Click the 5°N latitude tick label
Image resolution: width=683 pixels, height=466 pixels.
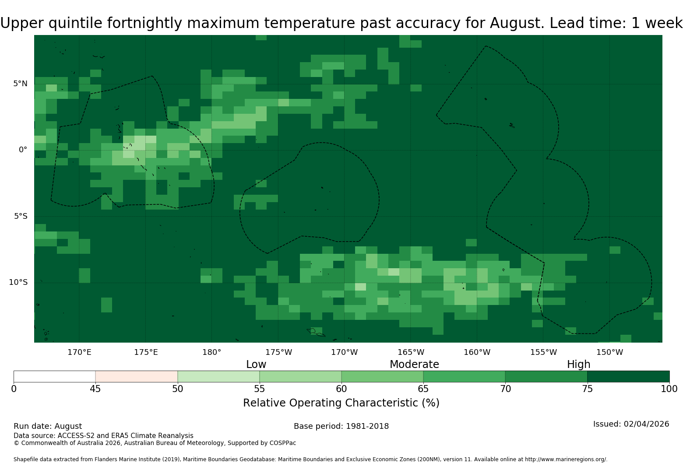point(20,84)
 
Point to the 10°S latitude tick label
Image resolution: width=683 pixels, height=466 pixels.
point(18,282)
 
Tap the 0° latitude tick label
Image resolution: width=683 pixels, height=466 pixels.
point(23,150)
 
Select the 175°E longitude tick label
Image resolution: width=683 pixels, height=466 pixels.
point(146,352)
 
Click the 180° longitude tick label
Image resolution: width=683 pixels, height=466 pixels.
point(211,352)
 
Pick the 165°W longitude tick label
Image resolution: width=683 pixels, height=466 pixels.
point(411,352)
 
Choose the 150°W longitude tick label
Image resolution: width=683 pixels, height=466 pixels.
point(609,352)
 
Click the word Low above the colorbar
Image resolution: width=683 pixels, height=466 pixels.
point(256,364)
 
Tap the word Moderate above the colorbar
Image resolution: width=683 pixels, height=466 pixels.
point(414,364)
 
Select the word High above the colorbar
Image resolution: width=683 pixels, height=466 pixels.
point(579,364)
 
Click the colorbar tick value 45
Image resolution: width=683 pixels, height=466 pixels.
point(95,389)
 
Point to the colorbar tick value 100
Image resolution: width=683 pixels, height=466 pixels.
point(669,389)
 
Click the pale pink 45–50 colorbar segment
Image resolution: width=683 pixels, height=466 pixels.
point(137,376)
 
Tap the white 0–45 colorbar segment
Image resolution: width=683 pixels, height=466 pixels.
point(55,376)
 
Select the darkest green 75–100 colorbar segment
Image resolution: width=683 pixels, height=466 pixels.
point(628,376)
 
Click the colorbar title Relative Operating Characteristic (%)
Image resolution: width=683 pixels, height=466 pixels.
point(341,403)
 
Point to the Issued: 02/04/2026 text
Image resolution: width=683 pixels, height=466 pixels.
point(631,424)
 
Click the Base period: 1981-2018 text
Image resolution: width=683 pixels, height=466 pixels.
point(341,426)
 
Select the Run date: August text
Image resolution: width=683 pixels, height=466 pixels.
point(48,426)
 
